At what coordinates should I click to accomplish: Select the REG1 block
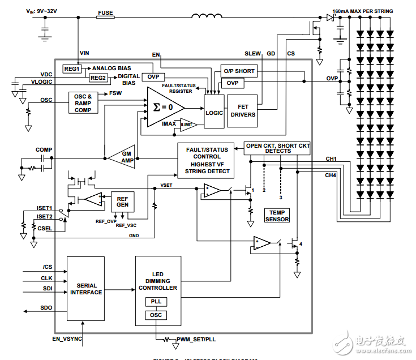pyautogui.click(x=72, y=68)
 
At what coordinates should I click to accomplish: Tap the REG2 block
pyautogui.click(x=98, y=78)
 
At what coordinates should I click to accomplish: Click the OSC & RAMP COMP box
pyautogui.click(x=87, y=102)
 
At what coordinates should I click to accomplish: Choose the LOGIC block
pyautogui.click(x=215, y=112)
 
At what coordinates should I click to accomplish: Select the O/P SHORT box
pyautogui.click(x=239, y=71)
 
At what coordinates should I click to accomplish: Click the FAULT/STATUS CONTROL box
pyautogui.click(x=207, y=160)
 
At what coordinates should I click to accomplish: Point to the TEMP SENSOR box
pyautogui.click(x=277, y=216)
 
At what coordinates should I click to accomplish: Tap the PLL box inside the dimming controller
pyautogui.click(x=156, y=302)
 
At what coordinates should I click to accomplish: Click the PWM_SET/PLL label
pyautogui.click(x=195, y=339)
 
